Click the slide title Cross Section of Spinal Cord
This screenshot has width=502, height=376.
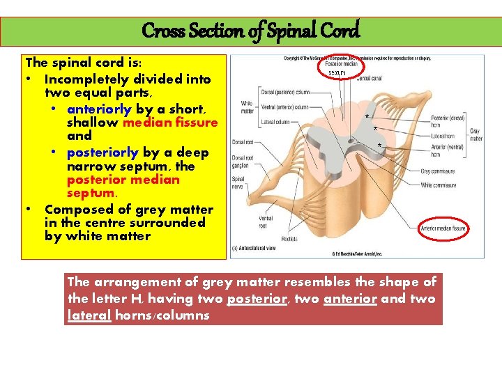click(250, 31)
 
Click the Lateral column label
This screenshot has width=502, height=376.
click(274, 121)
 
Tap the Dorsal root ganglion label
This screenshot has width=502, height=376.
click(242, 161)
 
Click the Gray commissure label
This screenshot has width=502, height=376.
click(438, 171)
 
